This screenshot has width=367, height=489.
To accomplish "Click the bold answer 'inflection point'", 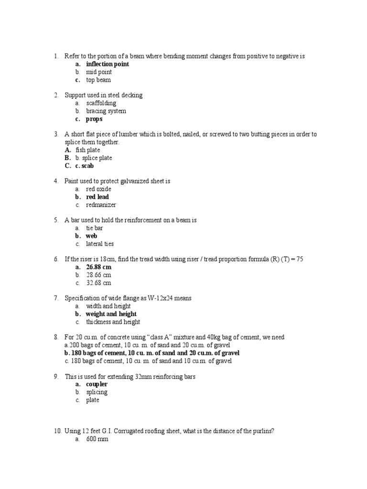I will pyautogui.click(x=107, y=64).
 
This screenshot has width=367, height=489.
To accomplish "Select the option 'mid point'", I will pyautogui.click(x=98, y=72).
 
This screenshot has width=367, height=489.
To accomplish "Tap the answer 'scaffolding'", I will pyautogui.click(x=101, y=103).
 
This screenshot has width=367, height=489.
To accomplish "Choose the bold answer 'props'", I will pyautogui.click(x=94, y=119).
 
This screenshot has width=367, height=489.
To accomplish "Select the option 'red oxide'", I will pyautogui.click(x=98, y=189).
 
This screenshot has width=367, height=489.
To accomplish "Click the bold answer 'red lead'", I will pyautogui.click(x=97, y=197).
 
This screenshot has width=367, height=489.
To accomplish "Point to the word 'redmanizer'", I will pyautogui.click(x=101, y=205).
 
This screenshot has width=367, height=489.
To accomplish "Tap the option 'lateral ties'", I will pyautogui.click(x=100, y=244).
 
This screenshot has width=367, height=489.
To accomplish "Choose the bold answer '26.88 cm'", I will pyautogui.click(x=98, y=267).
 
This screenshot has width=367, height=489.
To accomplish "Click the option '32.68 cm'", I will pyautogui.click(x=98, y=283).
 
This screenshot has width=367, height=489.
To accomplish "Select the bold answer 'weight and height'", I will pyautogui.click(x=111, y=314).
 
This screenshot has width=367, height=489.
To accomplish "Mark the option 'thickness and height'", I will pyautogui.click(x=113, y=322).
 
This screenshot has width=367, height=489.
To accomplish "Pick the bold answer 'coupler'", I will pyautogui.click(x=97, y=384).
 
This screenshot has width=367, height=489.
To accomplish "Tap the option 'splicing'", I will pyautogui.click(x=97, y=392).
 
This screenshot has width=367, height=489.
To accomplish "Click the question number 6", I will pyautogui.click(x=56, y=259).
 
